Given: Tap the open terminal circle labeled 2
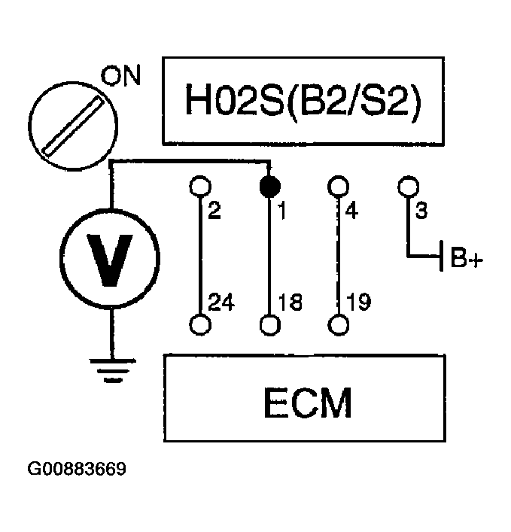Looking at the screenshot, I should pyautogui.click(x=199, y=185).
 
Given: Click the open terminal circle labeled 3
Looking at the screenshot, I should pyautogui.click(x=408, y=185).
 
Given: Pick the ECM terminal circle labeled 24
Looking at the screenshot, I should pyautogui.click(x=199, y=324).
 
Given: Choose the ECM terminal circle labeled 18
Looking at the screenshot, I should pyautogui.click(x=269, y=324).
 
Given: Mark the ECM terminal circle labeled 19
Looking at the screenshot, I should pyautogui.click(x=339, y=324).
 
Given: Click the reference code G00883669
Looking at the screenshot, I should pyautogui.click(x=77, y=470).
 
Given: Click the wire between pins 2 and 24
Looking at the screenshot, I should pyautogui.click(x=199, y=256).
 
